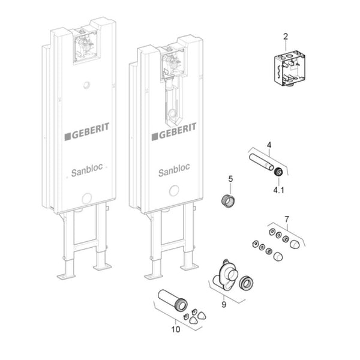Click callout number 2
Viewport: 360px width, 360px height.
coord(285,36)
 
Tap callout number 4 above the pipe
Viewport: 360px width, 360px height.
coord(269,145)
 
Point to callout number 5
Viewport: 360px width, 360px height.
coord(230,178)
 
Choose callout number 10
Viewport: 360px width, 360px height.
coord(175,328)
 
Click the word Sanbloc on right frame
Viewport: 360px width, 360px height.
coord(174,172)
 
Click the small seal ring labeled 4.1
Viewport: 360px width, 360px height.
coord(278,173)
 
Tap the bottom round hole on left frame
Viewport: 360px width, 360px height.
coord(86,198)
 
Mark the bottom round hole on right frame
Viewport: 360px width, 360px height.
coord(174,193)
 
